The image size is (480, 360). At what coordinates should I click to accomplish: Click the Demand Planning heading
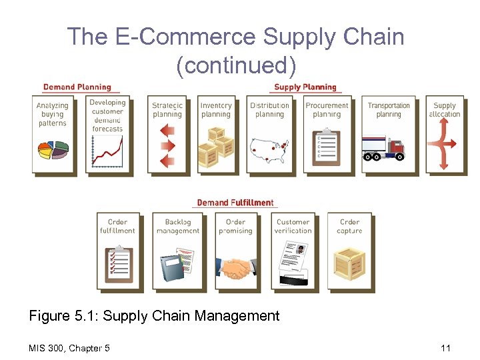coord(77,87)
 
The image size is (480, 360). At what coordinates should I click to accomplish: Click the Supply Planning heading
coord(305,87)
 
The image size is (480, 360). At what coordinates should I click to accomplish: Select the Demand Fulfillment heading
coord(235,203)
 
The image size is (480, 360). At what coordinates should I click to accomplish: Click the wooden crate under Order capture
coord(349,263)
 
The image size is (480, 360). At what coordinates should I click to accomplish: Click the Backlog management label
coord(177,227)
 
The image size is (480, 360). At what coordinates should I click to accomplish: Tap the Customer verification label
coord(293,227)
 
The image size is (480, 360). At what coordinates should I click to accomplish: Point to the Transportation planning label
coord(389,110)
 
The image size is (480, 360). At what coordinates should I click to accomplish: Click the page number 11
coord(445,347)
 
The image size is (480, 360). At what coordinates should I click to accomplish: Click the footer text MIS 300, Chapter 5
coord(69,347)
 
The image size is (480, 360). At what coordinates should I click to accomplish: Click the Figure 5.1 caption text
coord(154,315)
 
